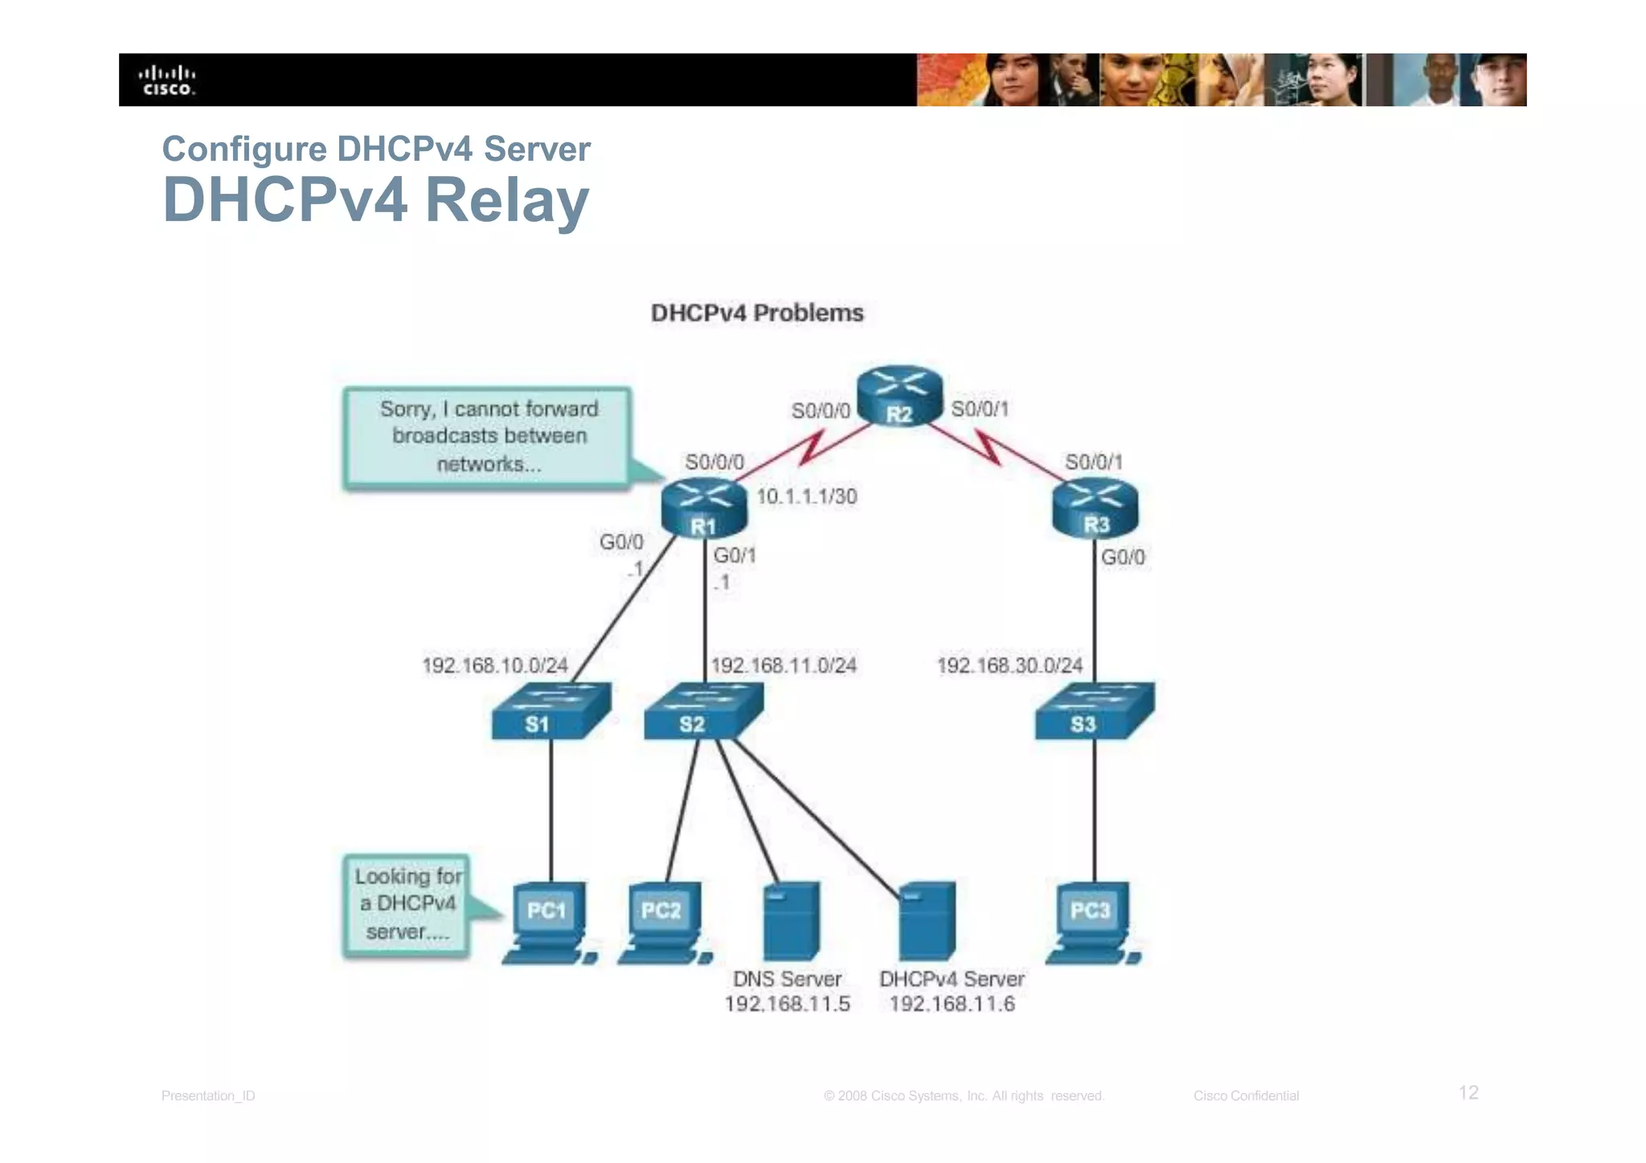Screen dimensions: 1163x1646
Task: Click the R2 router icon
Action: pos(899,395)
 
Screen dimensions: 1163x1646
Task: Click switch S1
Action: pos(551,710)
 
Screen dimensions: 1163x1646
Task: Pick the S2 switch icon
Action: pos(703,710)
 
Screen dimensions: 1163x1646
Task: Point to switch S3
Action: pos(1095,710)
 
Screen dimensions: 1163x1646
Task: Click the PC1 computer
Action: pos(549,923)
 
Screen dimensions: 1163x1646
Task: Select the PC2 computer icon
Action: pos(664,923)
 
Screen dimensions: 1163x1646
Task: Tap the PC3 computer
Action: pos(1092,923)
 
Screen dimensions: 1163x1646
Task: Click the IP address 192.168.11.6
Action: pos(952,1004)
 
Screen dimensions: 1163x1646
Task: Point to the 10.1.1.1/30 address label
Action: pos(806,497)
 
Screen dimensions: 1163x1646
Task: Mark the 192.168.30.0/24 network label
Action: pos(1009,665)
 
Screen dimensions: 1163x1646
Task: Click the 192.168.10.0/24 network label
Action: pos(495,665)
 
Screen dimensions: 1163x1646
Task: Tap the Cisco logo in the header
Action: pos(168,80)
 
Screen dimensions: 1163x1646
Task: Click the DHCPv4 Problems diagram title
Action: pos(756,313)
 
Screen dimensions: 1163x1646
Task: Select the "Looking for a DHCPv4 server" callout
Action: pos(406,904)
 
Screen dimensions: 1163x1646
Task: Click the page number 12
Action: pos(1468,1092)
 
